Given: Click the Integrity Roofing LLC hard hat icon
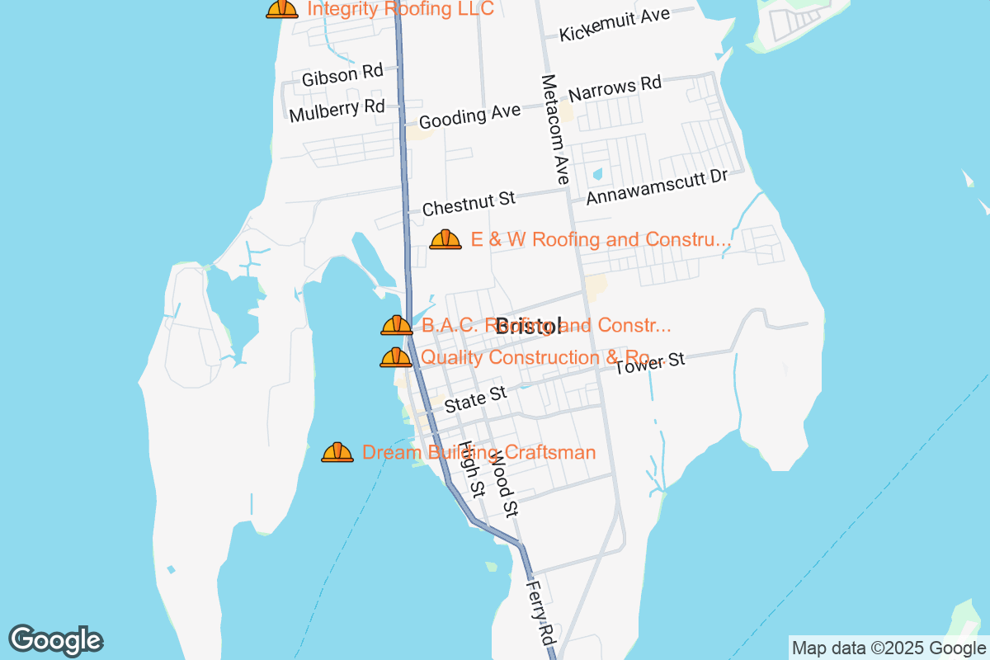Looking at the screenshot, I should click(281, 8).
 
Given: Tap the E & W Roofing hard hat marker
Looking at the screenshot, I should click(445, 239).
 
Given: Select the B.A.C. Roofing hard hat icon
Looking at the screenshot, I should click(396, 325).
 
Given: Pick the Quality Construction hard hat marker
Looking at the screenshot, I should click(395, 357).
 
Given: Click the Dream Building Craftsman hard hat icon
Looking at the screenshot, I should click(337, 452).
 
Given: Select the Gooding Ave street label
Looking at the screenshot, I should click(469, 116).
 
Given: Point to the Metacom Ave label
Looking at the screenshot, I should click(555, 130).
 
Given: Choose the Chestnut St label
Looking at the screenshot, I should click(469, 203).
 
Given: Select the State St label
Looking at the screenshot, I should click(475, 399).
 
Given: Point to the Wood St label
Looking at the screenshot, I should click(503, 487).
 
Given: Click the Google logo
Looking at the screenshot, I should click(56, 640).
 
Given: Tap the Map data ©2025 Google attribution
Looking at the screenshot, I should click(889, 648).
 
